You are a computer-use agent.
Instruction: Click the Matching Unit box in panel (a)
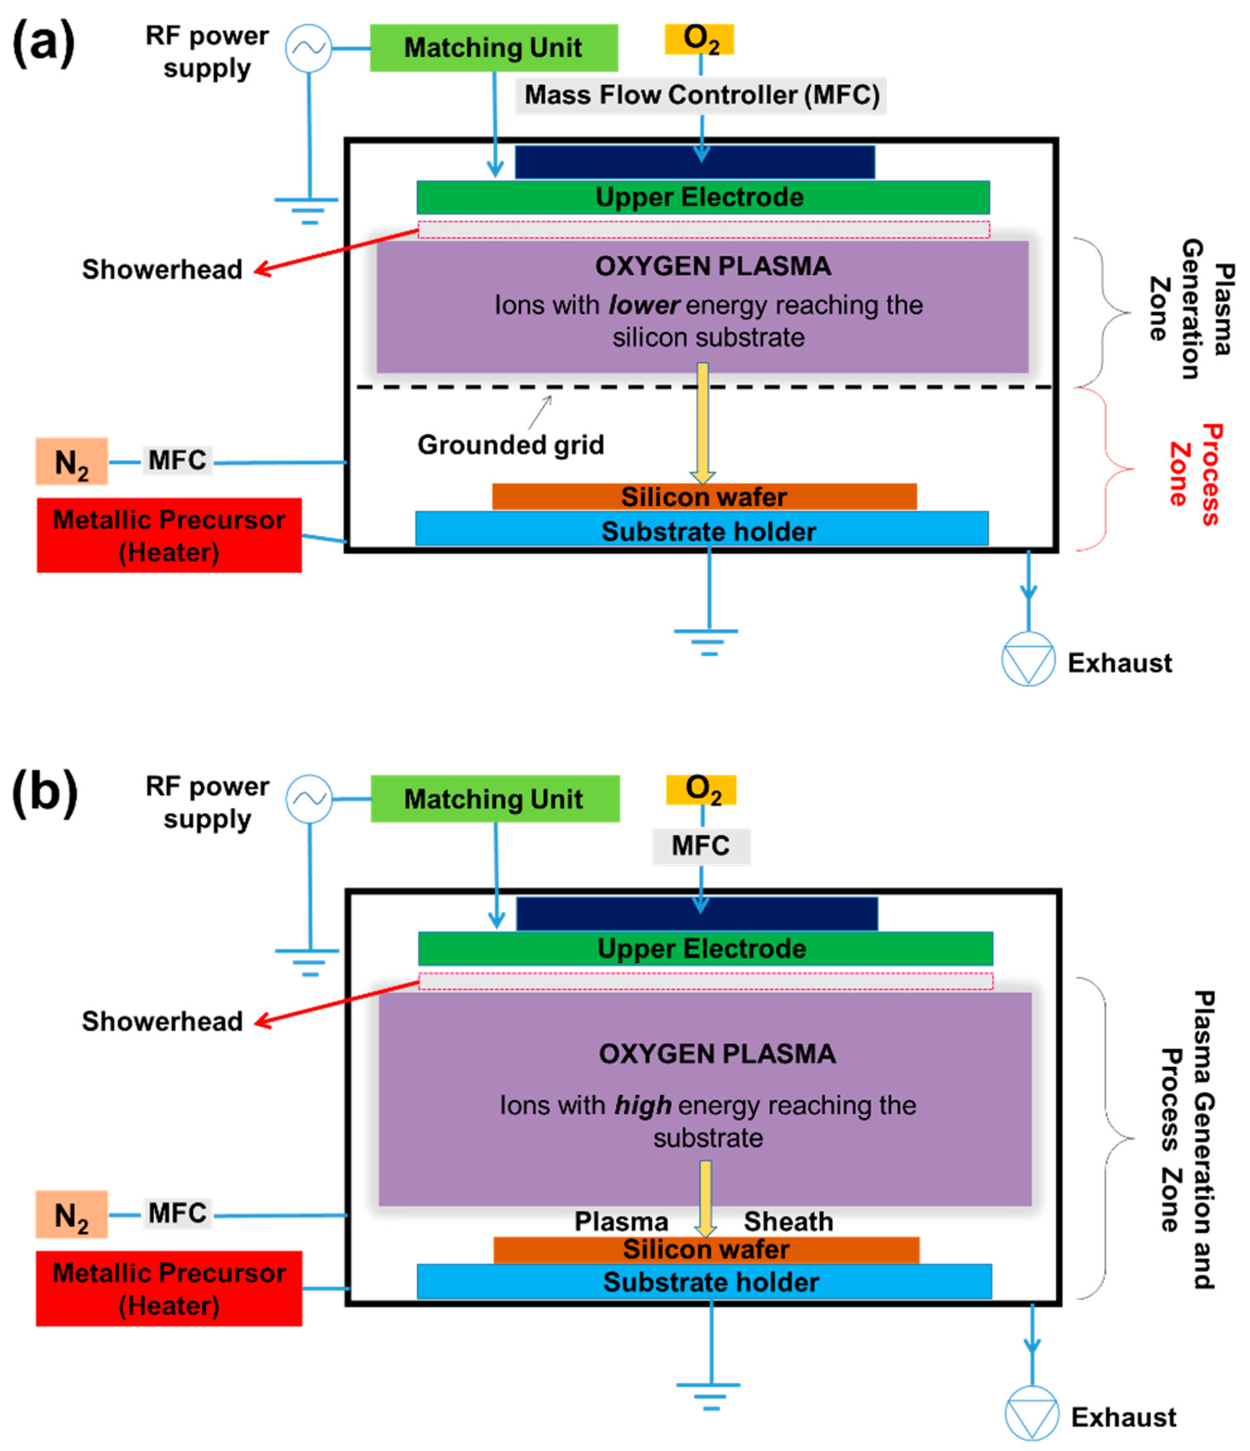[494, 48]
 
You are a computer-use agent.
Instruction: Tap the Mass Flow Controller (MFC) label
[701, 95]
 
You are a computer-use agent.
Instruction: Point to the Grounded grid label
[510, 445]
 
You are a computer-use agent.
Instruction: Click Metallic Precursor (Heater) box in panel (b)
[169, 1288]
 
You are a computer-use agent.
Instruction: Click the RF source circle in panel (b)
[309, 798]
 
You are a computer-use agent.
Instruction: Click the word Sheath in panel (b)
[789, 1222]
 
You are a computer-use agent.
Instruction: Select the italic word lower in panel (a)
[644, 305]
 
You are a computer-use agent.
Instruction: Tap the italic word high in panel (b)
[642, 1105]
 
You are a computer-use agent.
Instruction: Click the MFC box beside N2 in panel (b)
[177, 1213]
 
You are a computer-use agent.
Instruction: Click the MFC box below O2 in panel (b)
[701, 846]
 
